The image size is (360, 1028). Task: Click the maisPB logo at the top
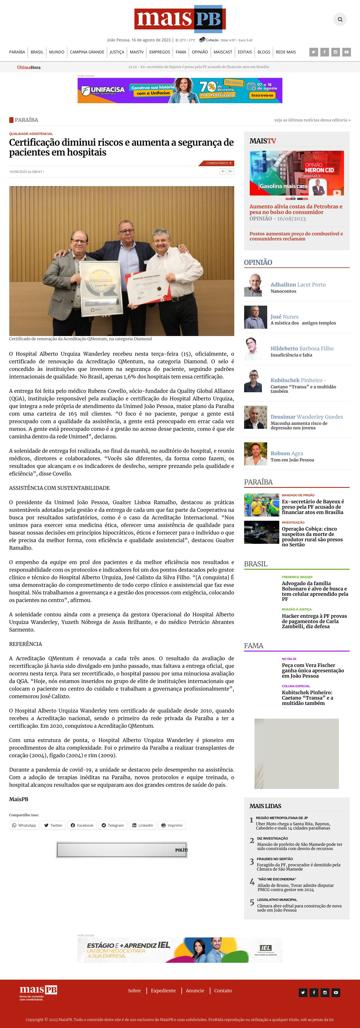pos(180,19)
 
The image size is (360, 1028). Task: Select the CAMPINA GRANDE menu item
pos(87,52)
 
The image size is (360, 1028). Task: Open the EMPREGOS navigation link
pos(159,52)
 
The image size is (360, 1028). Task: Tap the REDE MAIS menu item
pos(286,52)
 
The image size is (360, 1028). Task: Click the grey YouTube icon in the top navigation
pos(346,52)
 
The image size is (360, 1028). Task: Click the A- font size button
pos(223,171)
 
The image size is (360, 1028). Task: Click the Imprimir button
pos(172,825)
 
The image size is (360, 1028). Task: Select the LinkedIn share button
pos(143,825)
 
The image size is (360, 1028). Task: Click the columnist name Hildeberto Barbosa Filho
pos(302,348)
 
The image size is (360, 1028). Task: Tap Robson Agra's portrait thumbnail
pos(255,454)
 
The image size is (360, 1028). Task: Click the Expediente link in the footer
pos(163,991)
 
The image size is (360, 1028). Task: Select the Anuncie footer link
pos(195,991)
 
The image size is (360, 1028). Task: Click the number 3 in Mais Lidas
pos(251,862)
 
